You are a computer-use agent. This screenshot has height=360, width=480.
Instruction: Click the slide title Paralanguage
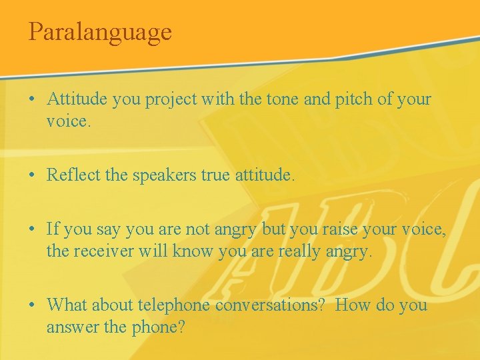coord(100,31)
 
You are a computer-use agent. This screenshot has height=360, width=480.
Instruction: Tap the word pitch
coord(341,100)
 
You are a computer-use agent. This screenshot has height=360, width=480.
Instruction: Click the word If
coord(53,229)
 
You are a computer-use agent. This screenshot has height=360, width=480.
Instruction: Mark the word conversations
coord(271,305)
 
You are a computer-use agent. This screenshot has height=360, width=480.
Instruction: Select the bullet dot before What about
coord(32,305)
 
